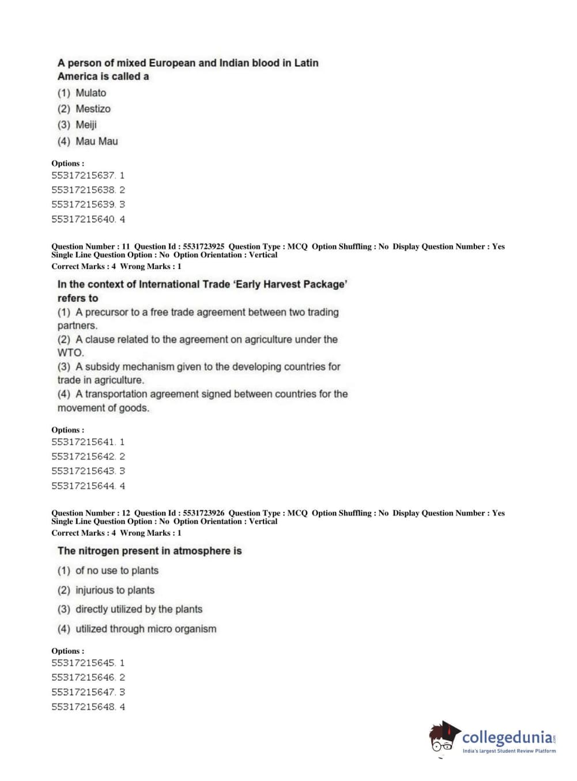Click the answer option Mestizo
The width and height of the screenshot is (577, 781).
tap(93, 109)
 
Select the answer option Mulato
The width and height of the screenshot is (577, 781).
tap(90, 93)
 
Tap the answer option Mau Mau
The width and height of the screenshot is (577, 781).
tap(96, 141)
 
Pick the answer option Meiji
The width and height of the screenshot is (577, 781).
tap(86, 125)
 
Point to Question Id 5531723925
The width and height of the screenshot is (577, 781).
tap(203, 247)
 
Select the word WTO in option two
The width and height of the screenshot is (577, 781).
tap(70, 352)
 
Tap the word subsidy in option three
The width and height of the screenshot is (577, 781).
tap(104, 367)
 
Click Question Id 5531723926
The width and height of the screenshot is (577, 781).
tap(203, 513)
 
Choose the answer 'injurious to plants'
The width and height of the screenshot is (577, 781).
tap(115, 590)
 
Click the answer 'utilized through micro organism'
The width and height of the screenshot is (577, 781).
tap(146, 629)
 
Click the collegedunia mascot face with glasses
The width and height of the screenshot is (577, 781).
tap(442, 741)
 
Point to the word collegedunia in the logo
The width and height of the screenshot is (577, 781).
tap(507, 737)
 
